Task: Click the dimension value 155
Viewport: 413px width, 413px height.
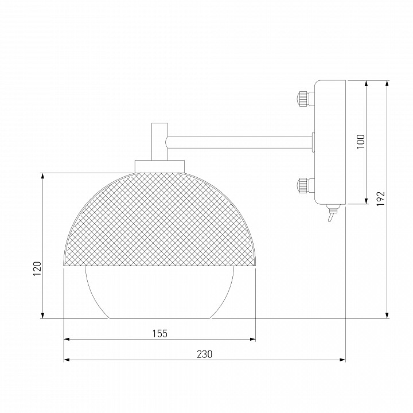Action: point(161,333)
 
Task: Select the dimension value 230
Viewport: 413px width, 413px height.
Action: point(204,354)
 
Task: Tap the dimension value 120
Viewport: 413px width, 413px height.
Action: point(37,268)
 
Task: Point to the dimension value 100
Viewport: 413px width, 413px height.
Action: point(360,142)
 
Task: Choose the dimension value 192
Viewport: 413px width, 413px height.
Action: point(381,198)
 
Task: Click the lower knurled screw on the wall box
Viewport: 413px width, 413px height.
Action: point(303,185)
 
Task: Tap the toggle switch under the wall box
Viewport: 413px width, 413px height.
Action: point(331,215)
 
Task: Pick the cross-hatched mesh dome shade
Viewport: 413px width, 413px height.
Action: point(159,221)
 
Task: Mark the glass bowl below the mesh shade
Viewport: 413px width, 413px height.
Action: point(159,293)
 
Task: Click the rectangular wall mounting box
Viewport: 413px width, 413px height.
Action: point(330,142)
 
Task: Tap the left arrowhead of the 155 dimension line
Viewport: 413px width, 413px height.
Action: point(65,340)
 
